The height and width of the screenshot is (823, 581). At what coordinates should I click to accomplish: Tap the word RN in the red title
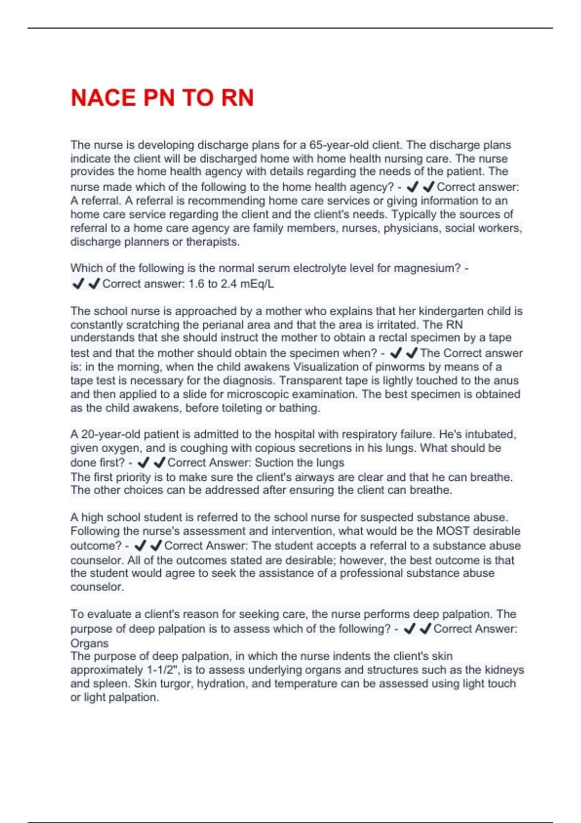coord(237,98)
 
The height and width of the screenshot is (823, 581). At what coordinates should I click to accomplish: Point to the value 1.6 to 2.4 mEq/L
coord(231,284)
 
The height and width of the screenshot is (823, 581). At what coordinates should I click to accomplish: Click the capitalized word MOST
coord(453,531)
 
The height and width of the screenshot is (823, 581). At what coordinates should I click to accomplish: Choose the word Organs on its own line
coord(90,643)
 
